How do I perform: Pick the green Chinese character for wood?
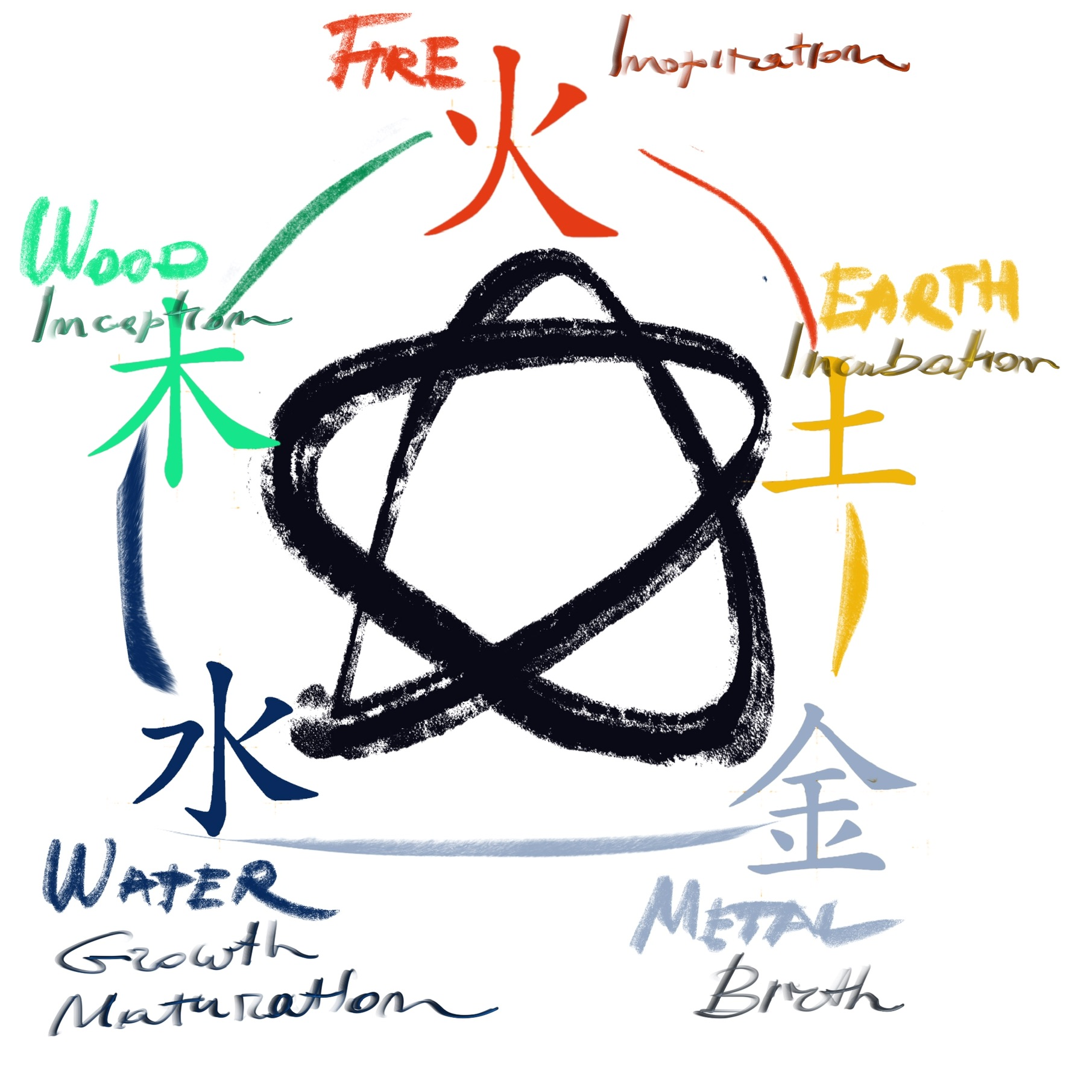[175, 404]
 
